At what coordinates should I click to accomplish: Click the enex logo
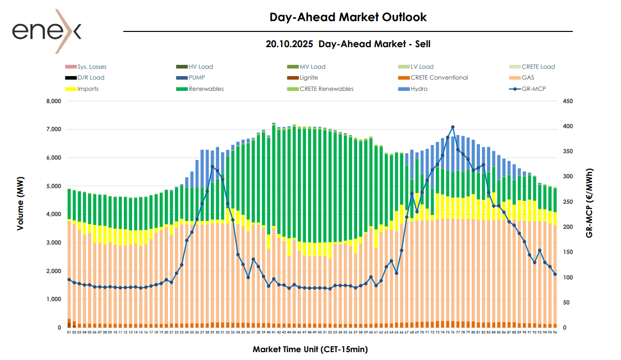tap(47, 30)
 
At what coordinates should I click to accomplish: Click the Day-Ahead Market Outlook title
tap(348, 17)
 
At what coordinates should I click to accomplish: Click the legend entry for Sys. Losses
tap(91, 67)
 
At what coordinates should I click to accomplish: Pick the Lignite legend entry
tap(309, 78)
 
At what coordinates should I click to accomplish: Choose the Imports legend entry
tap(87, 89)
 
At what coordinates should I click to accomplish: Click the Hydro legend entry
tap(419, 89)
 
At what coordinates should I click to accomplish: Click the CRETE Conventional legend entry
tap(439, 78)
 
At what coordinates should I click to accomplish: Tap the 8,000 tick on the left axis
tap(53, 101)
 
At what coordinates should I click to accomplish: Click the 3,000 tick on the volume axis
tap(53, 243)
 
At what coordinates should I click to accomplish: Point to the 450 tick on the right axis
tap(568, 101)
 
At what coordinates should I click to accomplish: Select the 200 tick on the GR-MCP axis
tap(568, 227)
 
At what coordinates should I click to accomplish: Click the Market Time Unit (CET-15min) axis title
tap(310, 350)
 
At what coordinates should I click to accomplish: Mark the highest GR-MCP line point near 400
tap(452, 127)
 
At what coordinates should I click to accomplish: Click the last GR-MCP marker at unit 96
tap(555, 274)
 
